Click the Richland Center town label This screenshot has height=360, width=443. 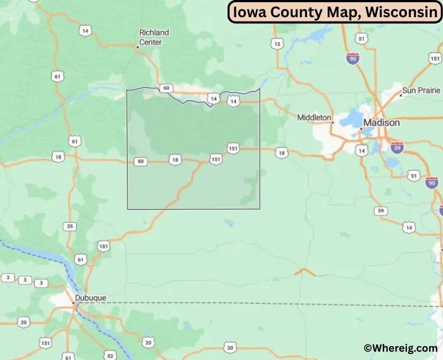[x=153, y=37]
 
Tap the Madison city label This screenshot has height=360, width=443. [x=381, y=122]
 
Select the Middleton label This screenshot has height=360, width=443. [x=314, y=117]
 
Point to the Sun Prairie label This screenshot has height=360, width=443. [x=421, y=90]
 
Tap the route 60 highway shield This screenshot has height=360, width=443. [x=165, y=88]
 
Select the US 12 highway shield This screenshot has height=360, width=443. [x=277, y=43]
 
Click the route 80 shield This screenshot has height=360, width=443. [x=141, y=161]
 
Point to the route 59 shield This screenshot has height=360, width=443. [x=380, y=210]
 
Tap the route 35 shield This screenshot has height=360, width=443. [x=69, y=226]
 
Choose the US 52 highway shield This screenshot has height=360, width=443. [x=110, y=355]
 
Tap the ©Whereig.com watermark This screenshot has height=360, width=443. [x=400, y=348]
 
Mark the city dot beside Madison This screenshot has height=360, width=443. [x=361, y=129]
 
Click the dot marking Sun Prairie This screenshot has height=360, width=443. [x=401, y=95]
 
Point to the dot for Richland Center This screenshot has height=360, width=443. [x=137, y=47]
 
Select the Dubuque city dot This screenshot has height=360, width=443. [x=74, y=304]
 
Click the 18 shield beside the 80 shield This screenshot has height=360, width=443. [x=175, y=160]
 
